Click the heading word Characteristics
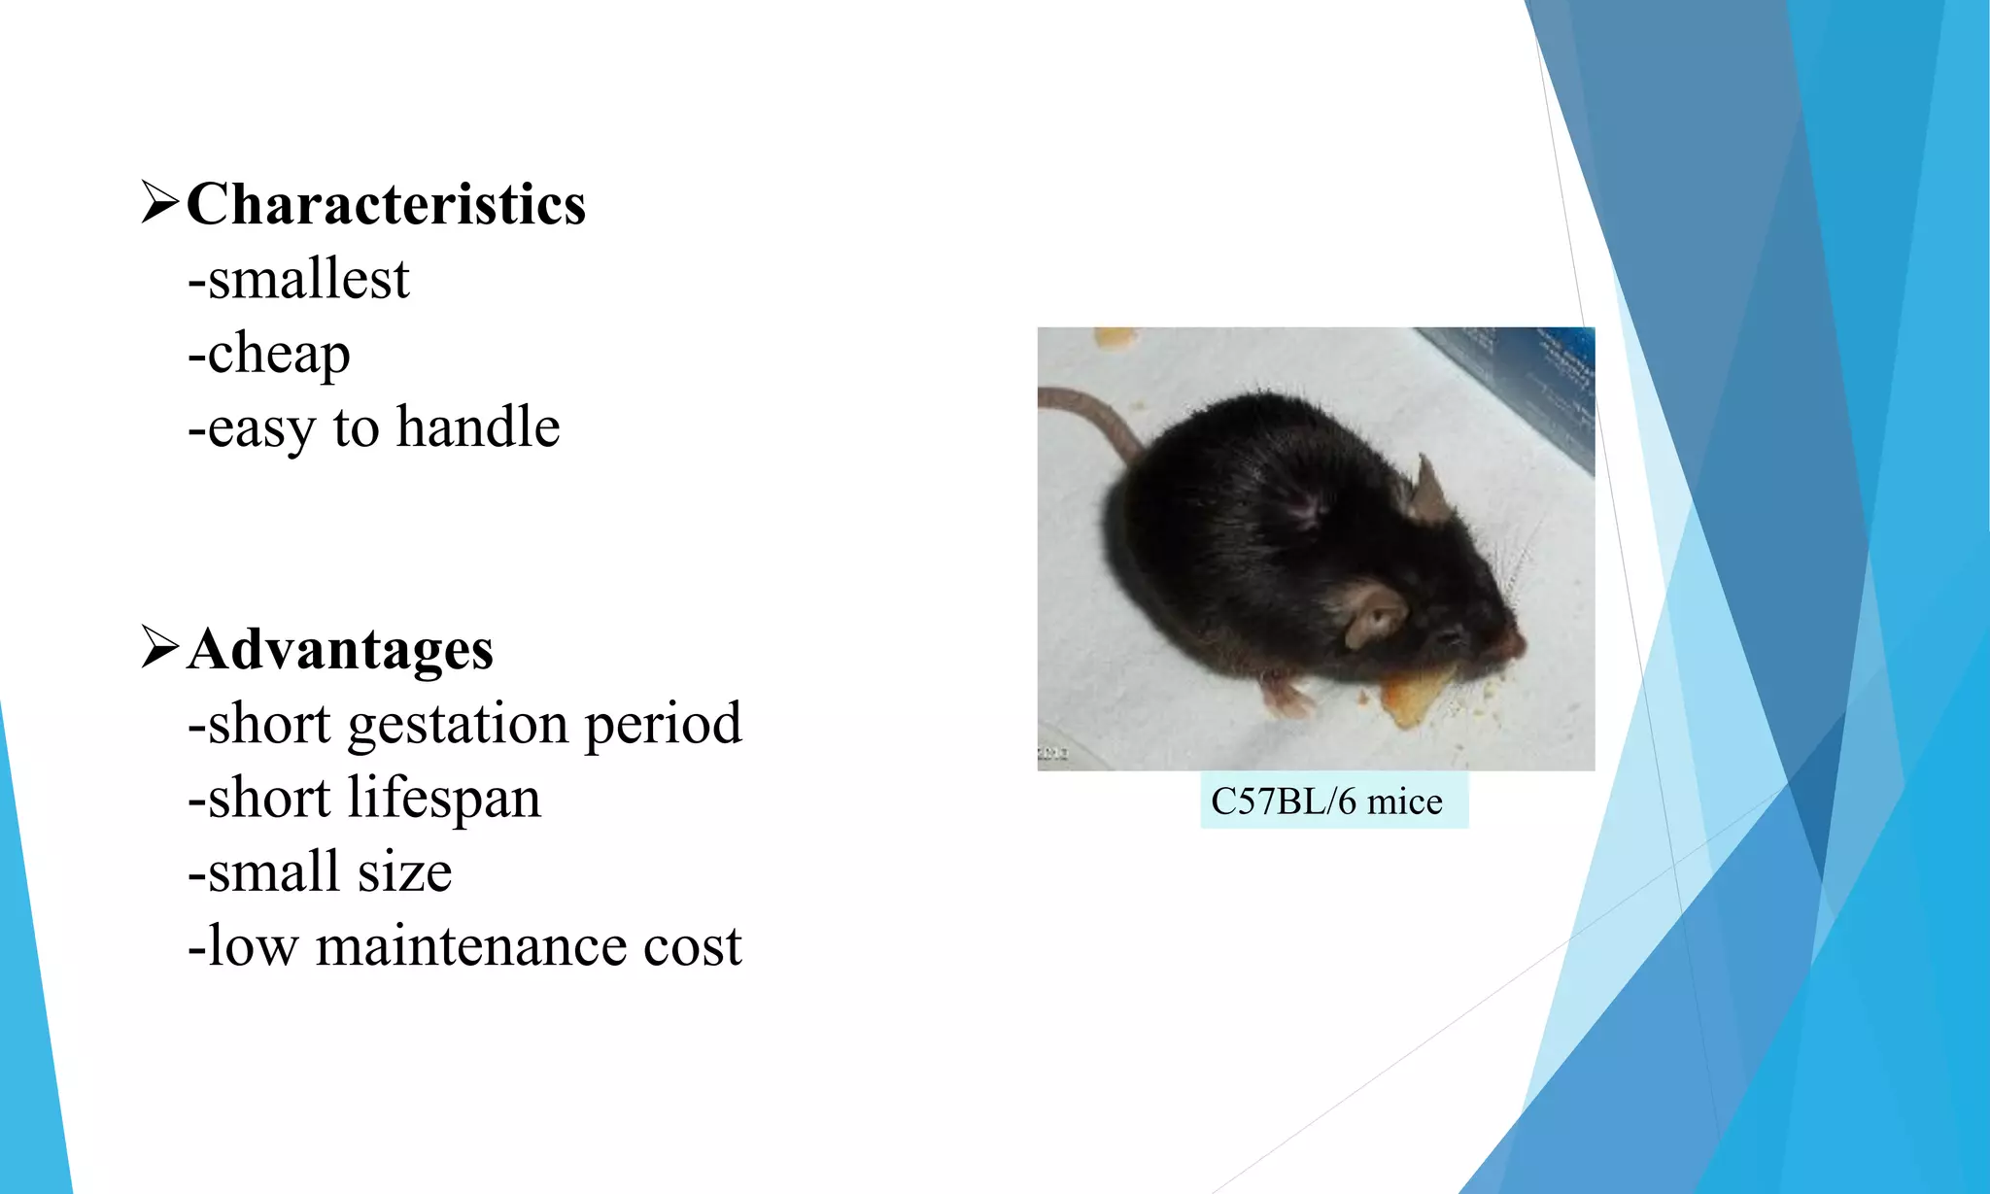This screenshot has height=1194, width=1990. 386,205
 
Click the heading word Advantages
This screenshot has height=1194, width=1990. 340,649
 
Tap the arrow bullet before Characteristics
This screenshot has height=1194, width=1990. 159,202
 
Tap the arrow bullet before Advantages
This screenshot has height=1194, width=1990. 159,647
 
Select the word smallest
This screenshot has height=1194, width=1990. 309,280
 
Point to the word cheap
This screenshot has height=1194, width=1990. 279,354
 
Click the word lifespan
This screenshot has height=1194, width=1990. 444,799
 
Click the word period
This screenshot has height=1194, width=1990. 663,725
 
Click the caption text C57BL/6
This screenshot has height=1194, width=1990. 1283,802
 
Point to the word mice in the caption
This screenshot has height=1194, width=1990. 1405,802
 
